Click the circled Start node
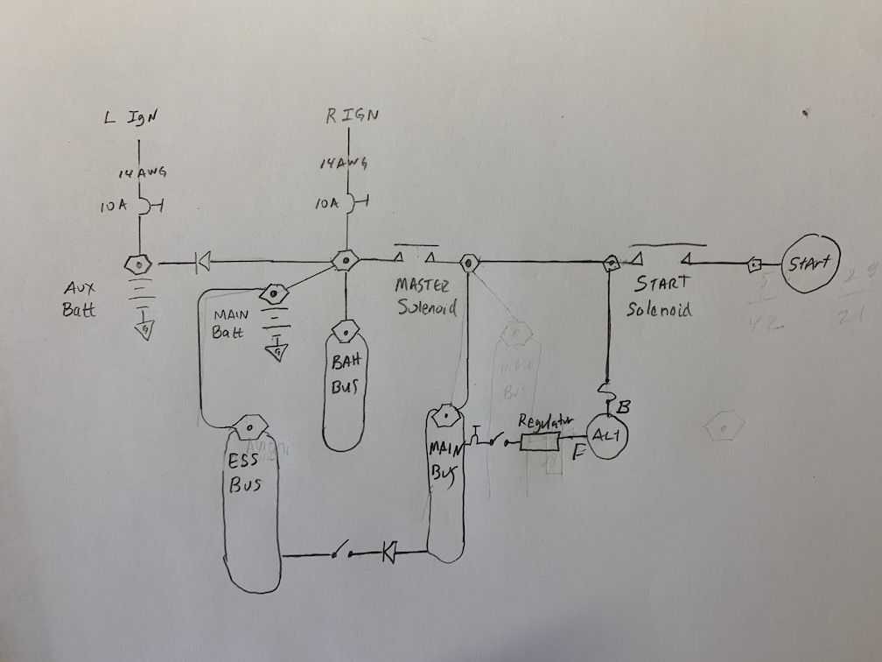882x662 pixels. tap(810, 262)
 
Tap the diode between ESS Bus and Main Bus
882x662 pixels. tap(389, 552)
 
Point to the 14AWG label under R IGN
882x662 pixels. tap(343, 164)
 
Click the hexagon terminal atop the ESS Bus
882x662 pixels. tap(248, 426)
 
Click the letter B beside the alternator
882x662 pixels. tap(623, 406)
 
